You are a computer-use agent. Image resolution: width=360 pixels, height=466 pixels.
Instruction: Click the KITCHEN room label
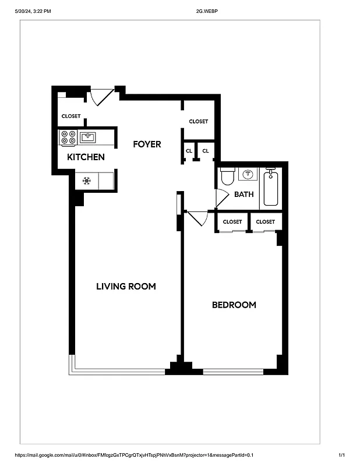coord(86,157)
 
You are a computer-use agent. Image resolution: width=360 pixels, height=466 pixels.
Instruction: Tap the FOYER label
coord(147,144)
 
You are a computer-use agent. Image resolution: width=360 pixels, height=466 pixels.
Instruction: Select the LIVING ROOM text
coord(126,286)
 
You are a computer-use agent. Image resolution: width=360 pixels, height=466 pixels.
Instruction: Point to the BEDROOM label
coord(234,305)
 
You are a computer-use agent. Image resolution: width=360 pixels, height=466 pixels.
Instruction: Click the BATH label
coord(243,194)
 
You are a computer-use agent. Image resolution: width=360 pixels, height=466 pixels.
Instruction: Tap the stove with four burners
coord(68,137)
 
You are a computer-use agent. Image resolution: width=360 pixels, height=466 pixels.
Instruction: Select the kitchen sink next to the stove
coord(88,137)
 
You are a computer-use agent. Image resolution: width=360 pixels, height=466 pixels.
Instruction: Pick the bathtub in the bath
coord(270,187)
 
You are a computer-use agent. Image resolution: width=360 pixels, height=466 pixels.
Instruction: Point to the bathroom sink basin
coord(248,174)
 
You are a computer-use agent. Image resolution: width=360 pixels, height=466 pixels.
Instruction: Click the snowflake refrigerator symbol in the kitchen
coord(86,181)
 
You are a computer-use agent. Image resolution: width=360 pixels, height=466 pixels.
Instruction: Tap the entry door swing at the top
coord(100,97)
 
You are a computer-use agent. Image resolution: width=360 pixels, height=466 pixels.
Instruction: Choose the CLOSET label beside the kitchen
coord(71,116)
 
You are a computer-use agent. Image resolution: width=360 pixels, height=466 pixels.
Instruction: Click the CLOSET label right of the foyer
coord(198,121)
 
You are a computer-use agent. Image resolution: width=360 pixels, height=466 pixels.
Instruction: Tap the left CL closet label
coord(189,151)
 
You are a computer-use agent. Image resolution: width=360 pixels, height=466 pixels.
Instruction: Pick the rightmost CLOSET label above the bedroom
coord(265,222)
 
